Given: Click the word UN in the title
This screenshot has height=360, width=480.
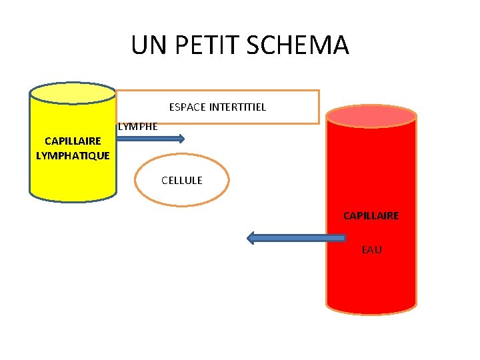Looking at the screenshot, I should pyautogui.click(x=145, y=45).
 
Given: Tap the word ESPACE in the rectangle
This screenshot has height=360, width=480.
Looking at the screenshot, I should pyautogui.click(x=187, y=107).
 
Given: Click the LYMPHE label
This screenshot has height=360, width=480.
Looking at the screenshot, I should pyautogui.click(x=138, y=126).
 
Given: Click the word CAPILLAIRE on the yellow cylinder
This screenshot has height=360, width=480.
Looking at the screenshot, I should pyautogui.click(x=73, y=141).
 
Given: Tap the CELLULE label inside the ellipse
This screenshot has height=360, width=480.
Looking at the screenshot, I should pyautogui.click(x=182, y=180).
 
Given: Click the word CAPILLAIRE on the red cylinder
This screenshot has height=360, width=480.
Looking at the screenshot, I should pyautogui.click(x=371, y=215).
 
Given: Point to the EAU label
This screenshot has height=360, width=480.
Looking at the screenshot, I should pyautogui.click(x=371, y=250).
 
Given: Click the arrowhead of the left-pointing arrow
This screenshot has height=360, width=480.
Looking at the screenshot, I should pyautogui.click(x=252, y=237).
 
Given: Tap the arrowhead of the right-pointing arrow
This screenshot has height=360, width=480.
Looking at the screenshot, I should pyautogui.click(x=180, y=139).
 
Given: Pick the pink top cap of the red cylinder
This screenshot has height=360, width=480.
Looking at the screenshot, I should pyautogui.click(x=371, y=117).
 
